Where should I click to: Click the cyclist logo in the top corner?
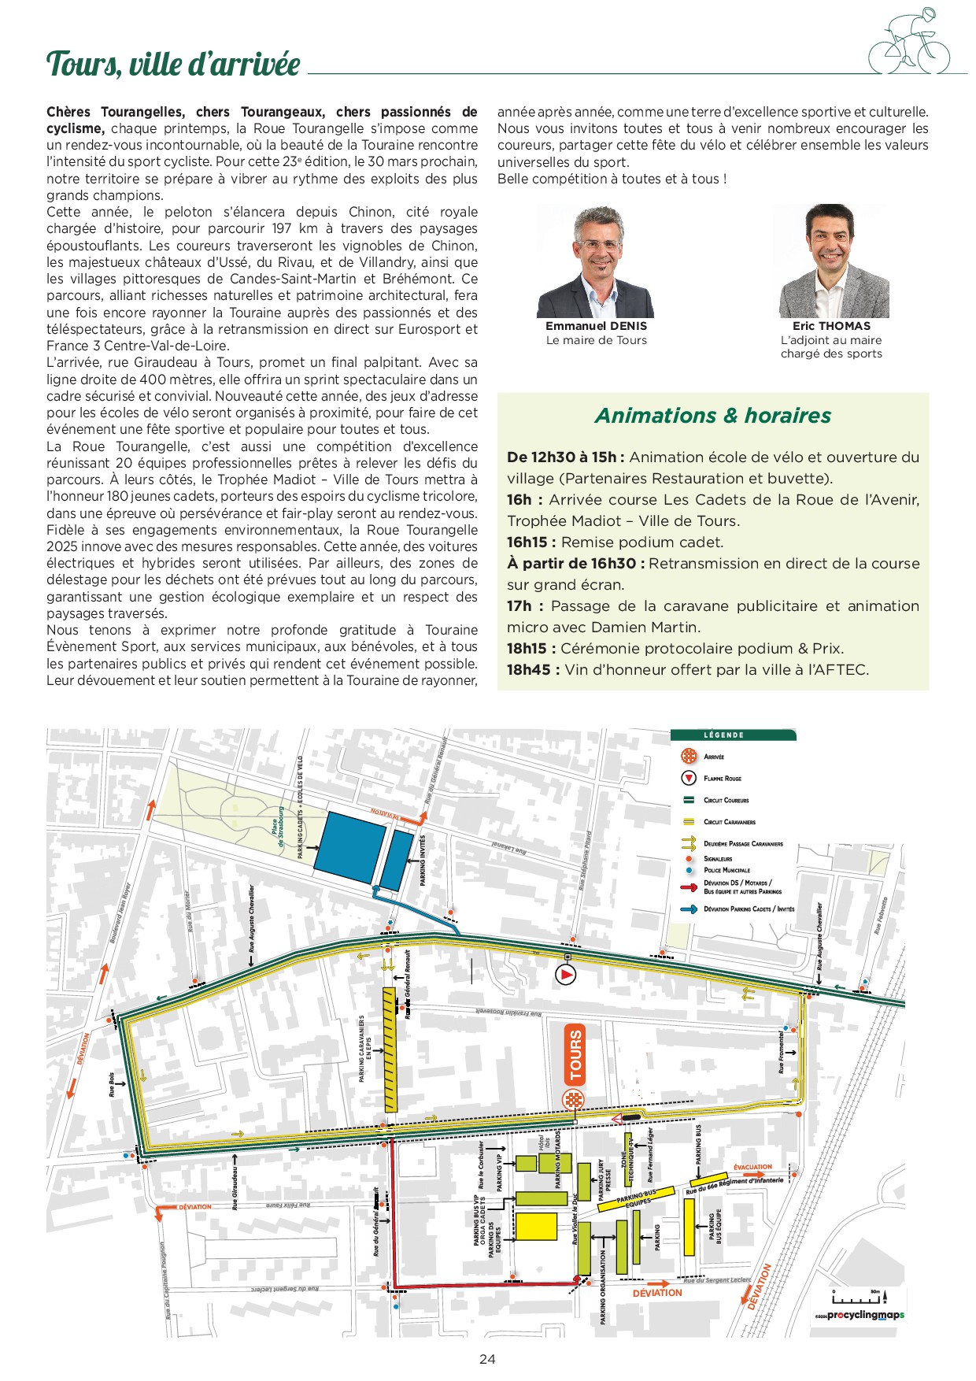click(909, 43)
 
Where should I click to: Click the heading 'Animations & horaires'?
click(712, 416)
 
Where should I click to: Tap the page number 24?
click(487, 1359)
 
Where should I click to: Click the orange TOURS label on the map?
click(576, 1054)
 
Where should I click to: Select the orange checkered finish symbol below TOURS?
click(574, 1100)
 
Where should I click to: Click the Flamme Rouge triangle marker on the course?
click(566, 975)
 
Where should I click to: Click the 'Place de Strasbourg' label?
click(277, 826)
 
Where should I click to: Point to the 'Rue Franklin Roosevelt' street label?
click(508, 1013)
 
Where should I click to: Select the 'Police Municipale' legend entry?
click(726, 870)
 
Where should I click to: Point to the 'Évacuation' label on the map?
click(752, 1167)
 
